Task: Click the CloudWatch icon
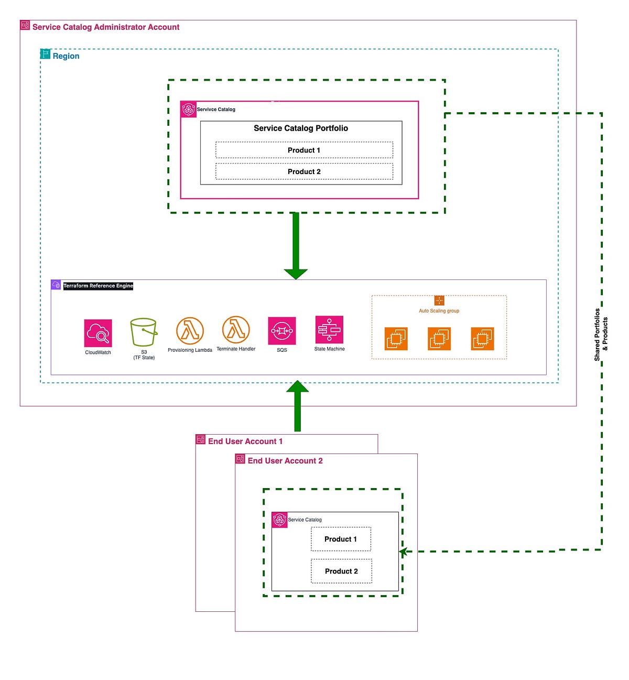98,333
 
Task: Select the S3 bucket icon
144,332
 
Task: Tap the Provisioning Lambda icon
190,331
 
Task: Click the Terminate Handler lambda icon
236,330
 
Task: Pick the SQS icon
282,331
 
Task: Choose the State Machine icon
329,329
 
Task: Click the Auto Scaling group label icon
439,300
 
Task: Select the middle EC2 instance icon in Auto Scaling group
439,339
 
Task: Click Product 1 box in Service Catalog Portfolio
304,150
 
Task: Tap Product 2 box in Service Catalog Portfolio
304,171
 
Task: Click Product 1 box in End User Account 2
341,539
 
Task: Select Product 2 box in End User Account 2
341,571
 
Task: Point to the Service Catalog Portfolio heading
301,128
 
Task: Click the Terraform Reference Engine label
98,286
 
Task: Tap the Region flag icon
46,54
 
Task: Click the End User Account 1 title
245,441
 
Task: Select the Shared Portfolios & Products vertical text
601,334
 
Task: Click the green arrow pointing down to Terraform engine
296,246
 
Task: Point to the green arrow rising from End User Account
297,406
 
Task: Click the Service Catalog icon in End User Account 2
279,520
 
